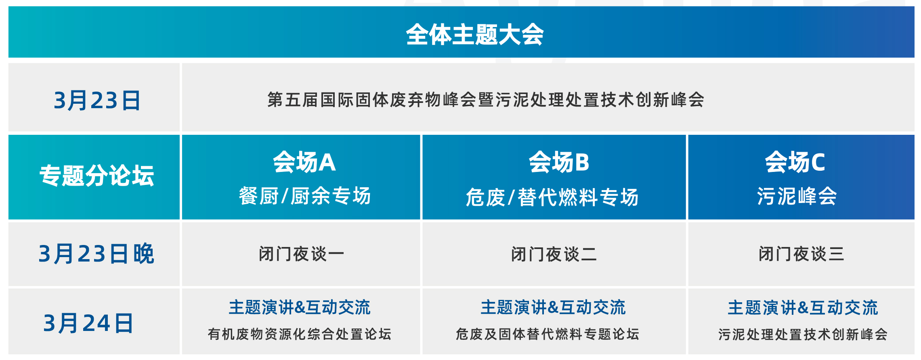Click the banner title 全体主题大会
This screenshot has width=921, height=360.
[475, 34]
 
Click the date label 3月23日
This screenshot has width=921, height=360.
[97, 100]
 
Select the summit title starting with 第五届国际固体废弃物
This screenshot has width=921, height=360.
[486, 100]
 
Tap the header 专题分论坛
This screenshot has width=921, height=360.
[97, 176]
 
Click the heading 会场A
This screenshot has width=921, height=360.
[304, 162]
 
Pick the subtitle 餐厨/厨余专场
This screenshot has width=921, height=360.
[305, 196]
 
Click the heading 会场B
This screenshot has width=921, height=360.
[559, 162]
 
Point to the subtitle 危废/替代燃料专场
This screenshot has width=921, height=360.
[552, 197]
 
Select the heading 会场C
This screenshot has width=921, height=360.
[795, 162]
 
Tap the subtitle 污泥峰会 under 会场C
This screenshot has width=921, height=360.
[797, 196]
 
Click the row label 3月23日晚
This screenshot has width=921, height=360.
[97, 253]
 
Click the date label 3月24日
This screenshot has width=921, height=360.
[88, 323]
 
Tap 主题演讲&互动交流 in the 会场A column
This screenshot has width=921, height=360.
[300, 308]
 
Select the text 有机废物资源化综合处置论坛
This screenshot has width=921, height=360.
[300, 334]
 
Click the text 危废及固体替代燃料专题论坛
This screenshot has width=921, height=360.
[548, 334]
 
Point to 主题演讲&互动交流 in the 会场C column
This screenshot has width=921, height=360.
[803, 308]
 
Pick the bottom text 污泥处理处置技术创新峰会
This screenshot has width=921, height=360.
[803, 334]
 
